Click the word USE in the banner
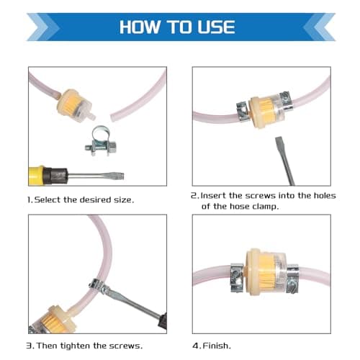click(x=216, y=27)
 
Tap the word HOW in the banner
click(x=140, y=27)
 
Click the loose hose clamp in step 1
click(x=101, y=141)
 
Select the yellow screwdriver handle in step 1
click(x=36, y=176)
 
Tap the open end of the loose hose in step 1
click(x=112, y=117)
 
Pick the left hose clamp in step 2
click(x=243, y=111)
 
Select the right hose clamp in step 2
click(x=287, y=101)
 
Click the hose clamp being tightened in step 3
click(x=97, y=286)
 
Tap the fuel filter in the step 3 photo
click(x=53, y=320)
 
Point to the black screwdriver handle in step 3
click(x=163, y=323)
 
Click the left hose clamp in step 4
click(x=237, y=278)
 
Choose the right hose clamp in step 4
click(x=292, y=279)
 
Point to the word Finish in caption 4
click(x=217, y=346)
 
